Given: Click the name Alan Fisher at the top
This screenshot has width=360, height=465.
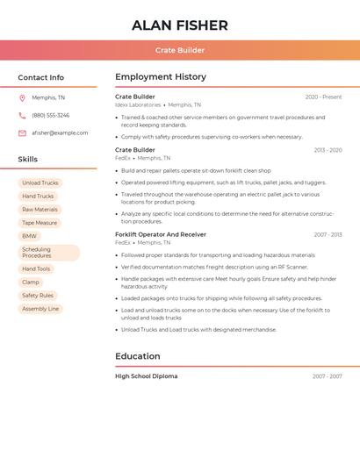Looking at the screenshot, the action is [180, 25].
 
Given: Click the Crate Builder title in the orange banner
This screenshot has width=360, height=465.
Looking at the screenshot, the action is [180, 51].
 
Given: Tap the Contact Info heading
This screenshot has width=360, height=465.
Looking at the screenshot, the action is [40, 78].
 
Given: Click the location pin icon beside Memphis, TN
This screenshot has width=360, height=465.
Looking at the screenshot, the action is [22, 98].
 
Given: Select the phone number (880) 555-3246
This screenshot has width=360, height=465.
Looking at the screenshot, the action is [50, 116].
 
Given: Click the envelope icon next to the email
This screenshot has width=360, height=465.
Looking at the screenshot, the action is [22, 133].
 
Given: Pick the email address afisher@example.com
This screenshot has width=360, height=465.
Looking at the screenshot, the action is [60, 133].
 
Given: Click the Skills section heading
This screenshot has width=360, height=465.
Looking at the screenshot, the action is [27, 160].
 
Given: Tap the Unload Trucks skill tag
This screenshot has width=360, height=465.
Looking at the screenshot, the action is [40, 183].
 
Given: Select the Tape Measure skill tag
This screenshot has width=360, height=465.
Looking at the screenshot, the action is [40, 223].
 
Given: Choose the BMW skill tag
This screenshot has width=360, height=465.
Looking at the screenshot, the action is [30, 236].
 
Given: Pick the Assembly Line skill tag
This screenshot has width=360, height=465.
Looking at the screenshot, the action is [40, 309].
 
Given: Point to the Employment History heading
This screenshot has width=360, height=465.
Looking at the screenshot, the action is [161, 77].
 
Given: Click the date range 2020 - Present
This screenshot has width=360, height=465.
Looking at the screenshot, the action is [323, 97].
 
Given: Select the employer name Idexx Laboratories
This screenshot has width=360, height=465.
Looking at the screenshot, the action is [138, 105].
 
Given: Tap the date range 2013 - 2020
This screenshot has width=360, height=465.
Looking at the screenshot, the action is [328, 151].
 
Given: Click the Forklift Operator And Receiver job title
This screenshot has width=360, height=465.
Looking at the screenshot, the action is [161, 235].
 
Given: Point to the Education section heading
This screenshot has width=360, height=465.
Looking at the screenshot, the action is [138, 356].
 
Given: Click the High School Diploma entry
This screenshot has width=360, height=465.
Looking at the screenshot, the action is [146, 376].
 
